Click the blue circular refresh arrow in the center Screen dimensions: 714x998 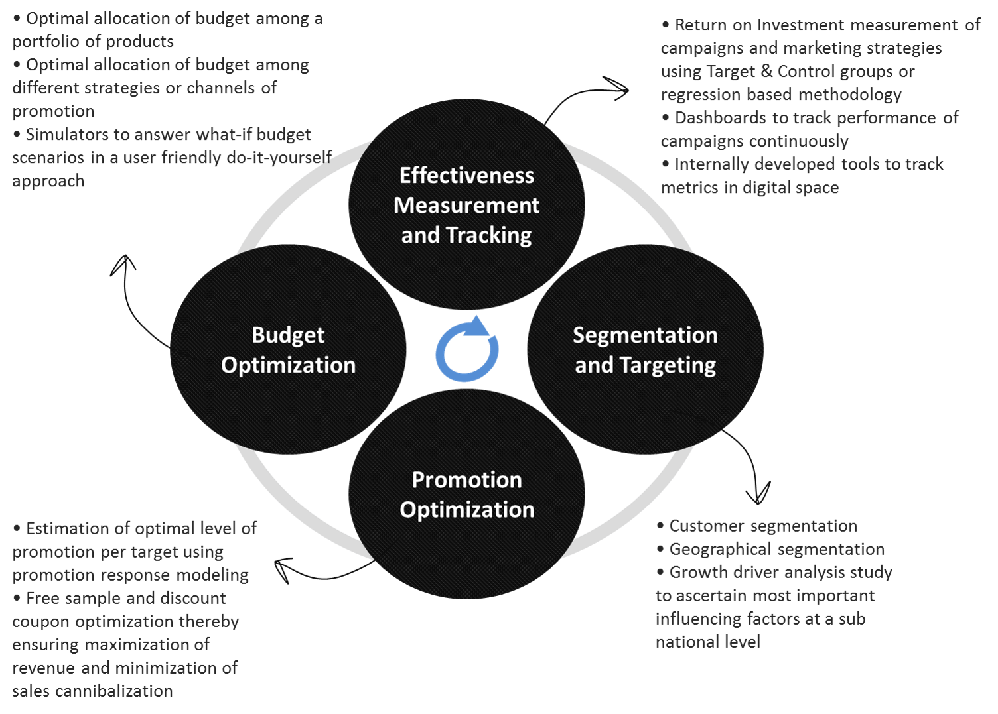pos(466,349)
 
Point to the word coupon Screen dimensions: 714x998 pos(41,621)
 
